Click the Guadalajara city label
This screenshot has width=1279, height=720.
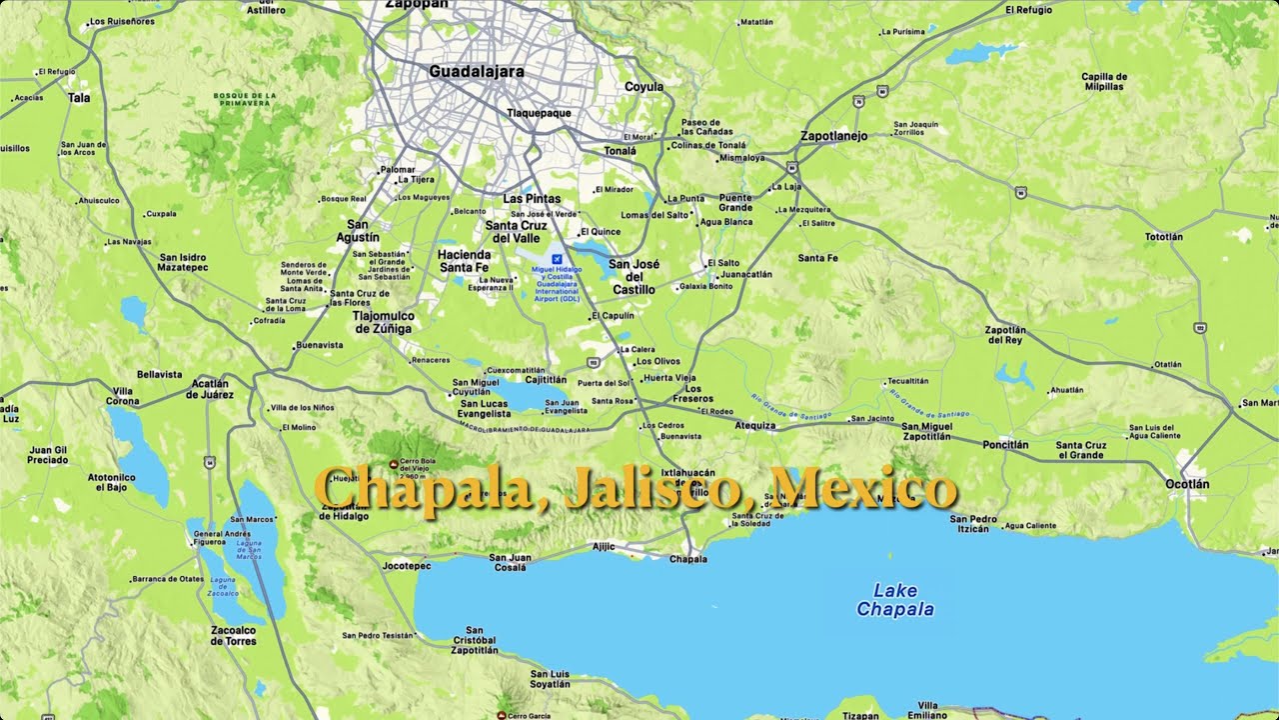point(476,72)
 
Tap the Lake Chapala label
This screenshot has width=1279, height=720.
point(895,600)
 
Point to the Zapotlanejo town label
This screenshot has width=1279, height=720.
point(833,136)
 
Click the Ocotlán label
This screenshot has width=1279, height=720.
point(1187,484)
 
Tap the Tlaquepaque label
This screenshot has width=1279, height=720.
point(539,113)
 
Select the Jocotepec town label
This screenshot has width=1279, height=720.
point(407,566)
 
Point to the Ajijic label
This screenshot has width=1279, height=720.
point(604,546)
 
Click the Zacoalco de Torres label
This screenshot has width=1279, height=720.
point(233,635)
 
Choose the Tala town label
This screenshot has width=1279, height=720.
point(79,98)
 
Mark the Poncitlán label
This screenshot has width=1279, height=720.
point(1005,444)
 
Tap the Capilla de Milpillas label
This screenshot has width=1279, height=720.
point(1104,82)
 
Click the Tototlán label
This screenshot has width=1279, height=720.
point(1163,237)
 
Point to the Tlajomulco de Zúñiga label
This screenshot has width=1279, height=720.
point(383,322)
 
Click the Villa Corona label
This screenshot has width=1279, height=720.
point(123,396)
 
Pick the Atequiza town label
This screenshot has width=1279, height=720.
point(754,425)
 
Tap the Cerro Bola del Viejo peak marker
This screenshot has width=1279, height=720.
point(394,464)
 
